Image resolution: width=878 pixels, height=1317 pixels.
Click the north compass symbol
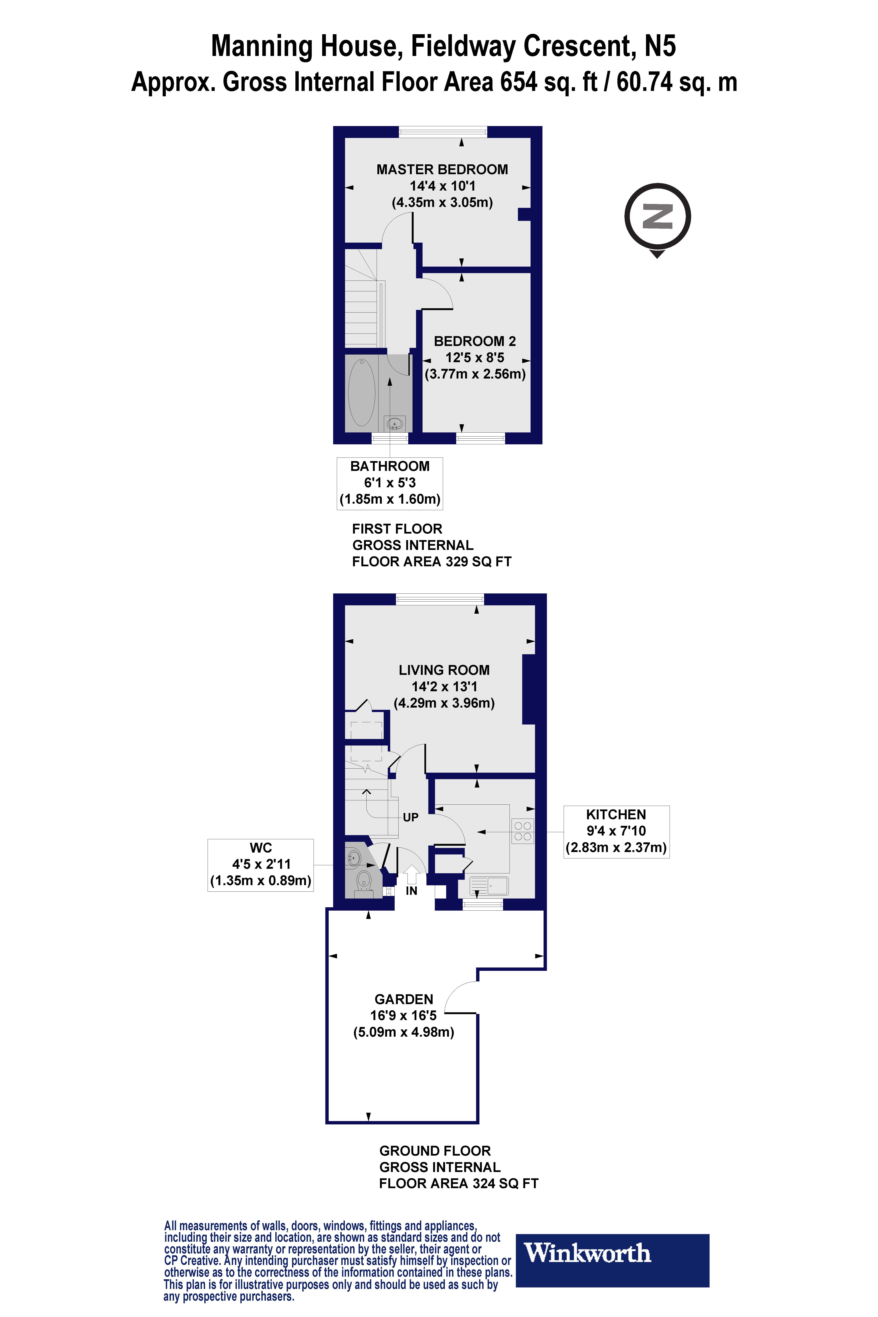click(x=657, y=217)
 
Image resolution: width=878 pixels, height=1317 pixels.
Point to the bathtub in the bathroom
click(x=362, y=392)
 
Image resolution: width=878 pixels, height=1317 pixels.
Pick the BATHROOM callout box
click(x=390, y=483)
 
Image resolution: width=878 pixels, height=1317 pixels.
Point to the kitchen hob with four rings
click(x=522, y=831)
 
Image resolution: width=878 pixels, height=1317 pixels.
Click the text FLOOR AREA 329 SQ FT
click(x=432, y=562)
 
